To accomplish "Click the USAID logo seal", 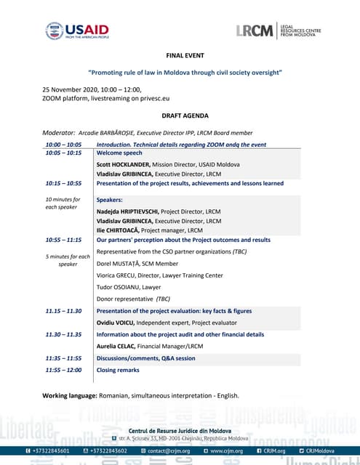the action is pyautogui.click(x=54, y=31).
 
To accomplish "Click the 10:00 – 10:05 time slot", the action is pyautogui.click(x=63, y=145).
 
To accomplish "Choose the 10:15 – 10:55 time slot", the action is pyautogui.click(x=63, y=184).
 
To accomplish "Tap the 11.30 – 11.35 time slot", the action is pyautogui.click(x=63, y=335).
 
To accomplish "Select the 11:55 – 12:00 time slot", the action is pyautogui.click(x=63, y=369).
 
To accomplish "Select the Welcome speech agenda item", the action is pyautogui.click(x=119, y=153).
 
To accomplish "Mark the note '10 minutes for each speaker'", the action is pyautogui.click(x=63, y=203).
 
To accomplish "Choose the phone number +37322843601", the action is pyautogui.click(x=52, y=450).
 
